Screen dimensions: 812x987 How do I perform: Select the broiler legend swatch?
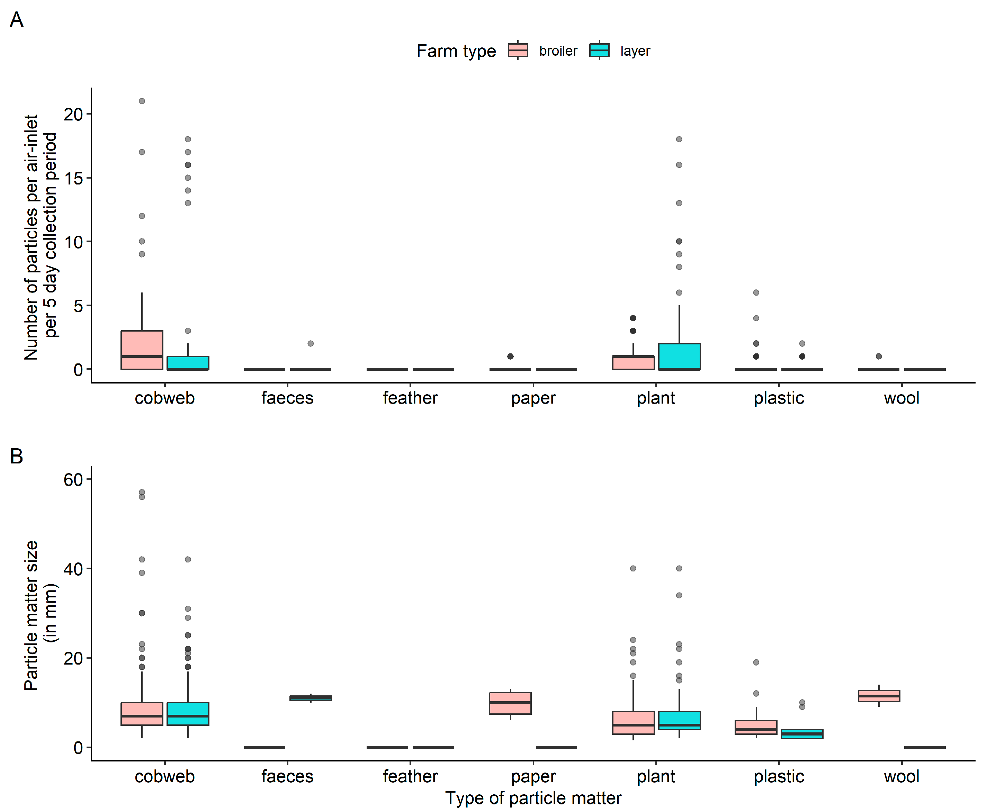click(x=518, y=50)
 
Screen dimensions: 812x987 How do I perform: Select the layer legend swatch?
click(x=599, y=50)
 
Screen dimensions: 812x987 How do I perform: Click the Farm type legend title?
click(x=456, y=51)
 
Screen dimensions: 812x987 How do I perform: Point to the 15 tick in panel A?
click(x=73, y=178)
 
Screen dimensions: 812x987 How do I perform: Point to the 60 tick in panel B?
click(x=73, y=479)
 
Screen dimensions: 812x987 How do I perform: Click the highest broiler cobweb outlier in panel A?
click(x=142, y=101)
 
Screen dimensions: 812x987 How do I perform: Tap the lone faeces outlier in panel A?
click(x=311, y=343)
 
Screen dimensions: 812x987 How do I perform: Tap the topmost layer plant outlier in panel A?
click(x=679, y=139)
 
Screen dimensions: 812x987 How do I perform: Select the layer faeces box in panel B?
click(x=311, y=698)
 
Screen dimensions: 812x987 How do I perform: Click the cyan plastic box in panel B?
click(x=802, y=734)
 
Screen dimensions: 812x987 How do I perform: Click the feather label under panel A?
click(x=410, y=398)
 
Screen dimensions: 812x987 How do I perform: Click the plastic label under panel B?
click(x=779, y=776)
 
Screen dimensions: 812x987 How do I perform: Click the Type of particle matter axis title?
click(x=533, y=798)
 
